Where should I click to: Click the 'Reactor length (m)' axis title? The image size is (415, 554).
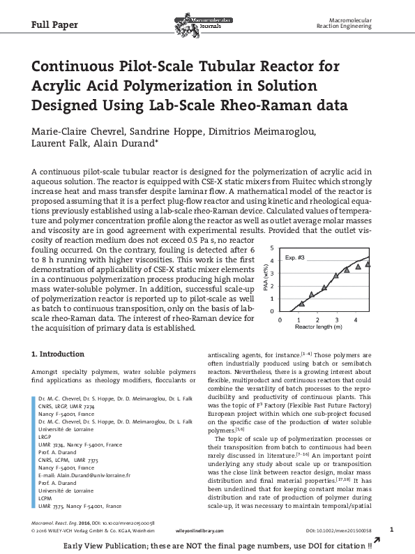pyautogui.click(x=318, y=327)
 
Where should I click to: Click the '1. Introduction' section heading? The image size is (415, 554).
pyautogui.click(x=59, y=354)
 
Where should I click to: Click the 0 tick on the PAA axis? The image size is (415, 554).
pyautogui.click(x=271, y=310)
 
